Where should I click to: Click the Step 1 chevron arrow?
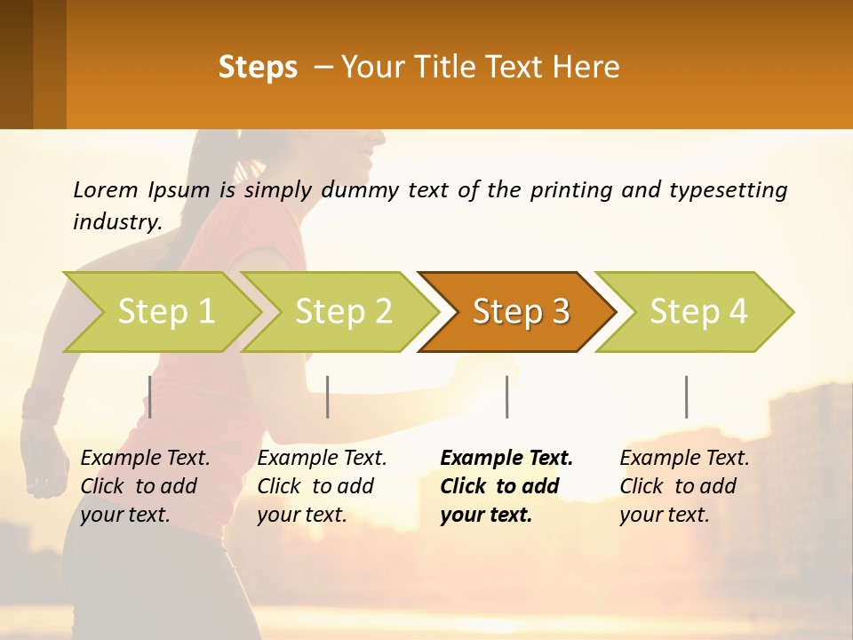pos(165,312)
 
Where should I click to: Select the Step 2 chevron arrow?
pos(343,312)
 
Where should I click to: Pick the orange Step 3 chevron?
pos(520,312)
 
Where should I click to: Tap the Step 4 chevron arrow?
pos(698,312)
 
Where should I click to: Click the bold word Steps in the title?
pos(258,68)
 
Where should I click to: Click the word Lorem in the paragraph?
pos(106,189)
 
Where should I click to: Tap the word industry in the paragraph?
pos(116,222)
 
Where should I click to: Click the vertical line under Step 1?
pos(150,396)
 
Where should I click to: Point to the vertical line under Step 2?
pos(328,396)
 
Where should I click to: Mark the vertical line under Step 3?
pos(506,396)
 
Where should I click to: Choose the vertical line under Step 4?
pos(686,396)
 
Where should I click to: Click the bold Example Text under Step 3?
pos(506,459)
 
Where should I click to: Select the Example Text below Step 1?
pos(145,459)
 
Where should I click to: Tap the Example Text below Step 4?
pos(684,459)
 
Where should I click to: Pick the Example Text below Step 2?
pos(322,459)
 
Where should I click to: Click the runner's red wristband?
pos(41,405)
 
